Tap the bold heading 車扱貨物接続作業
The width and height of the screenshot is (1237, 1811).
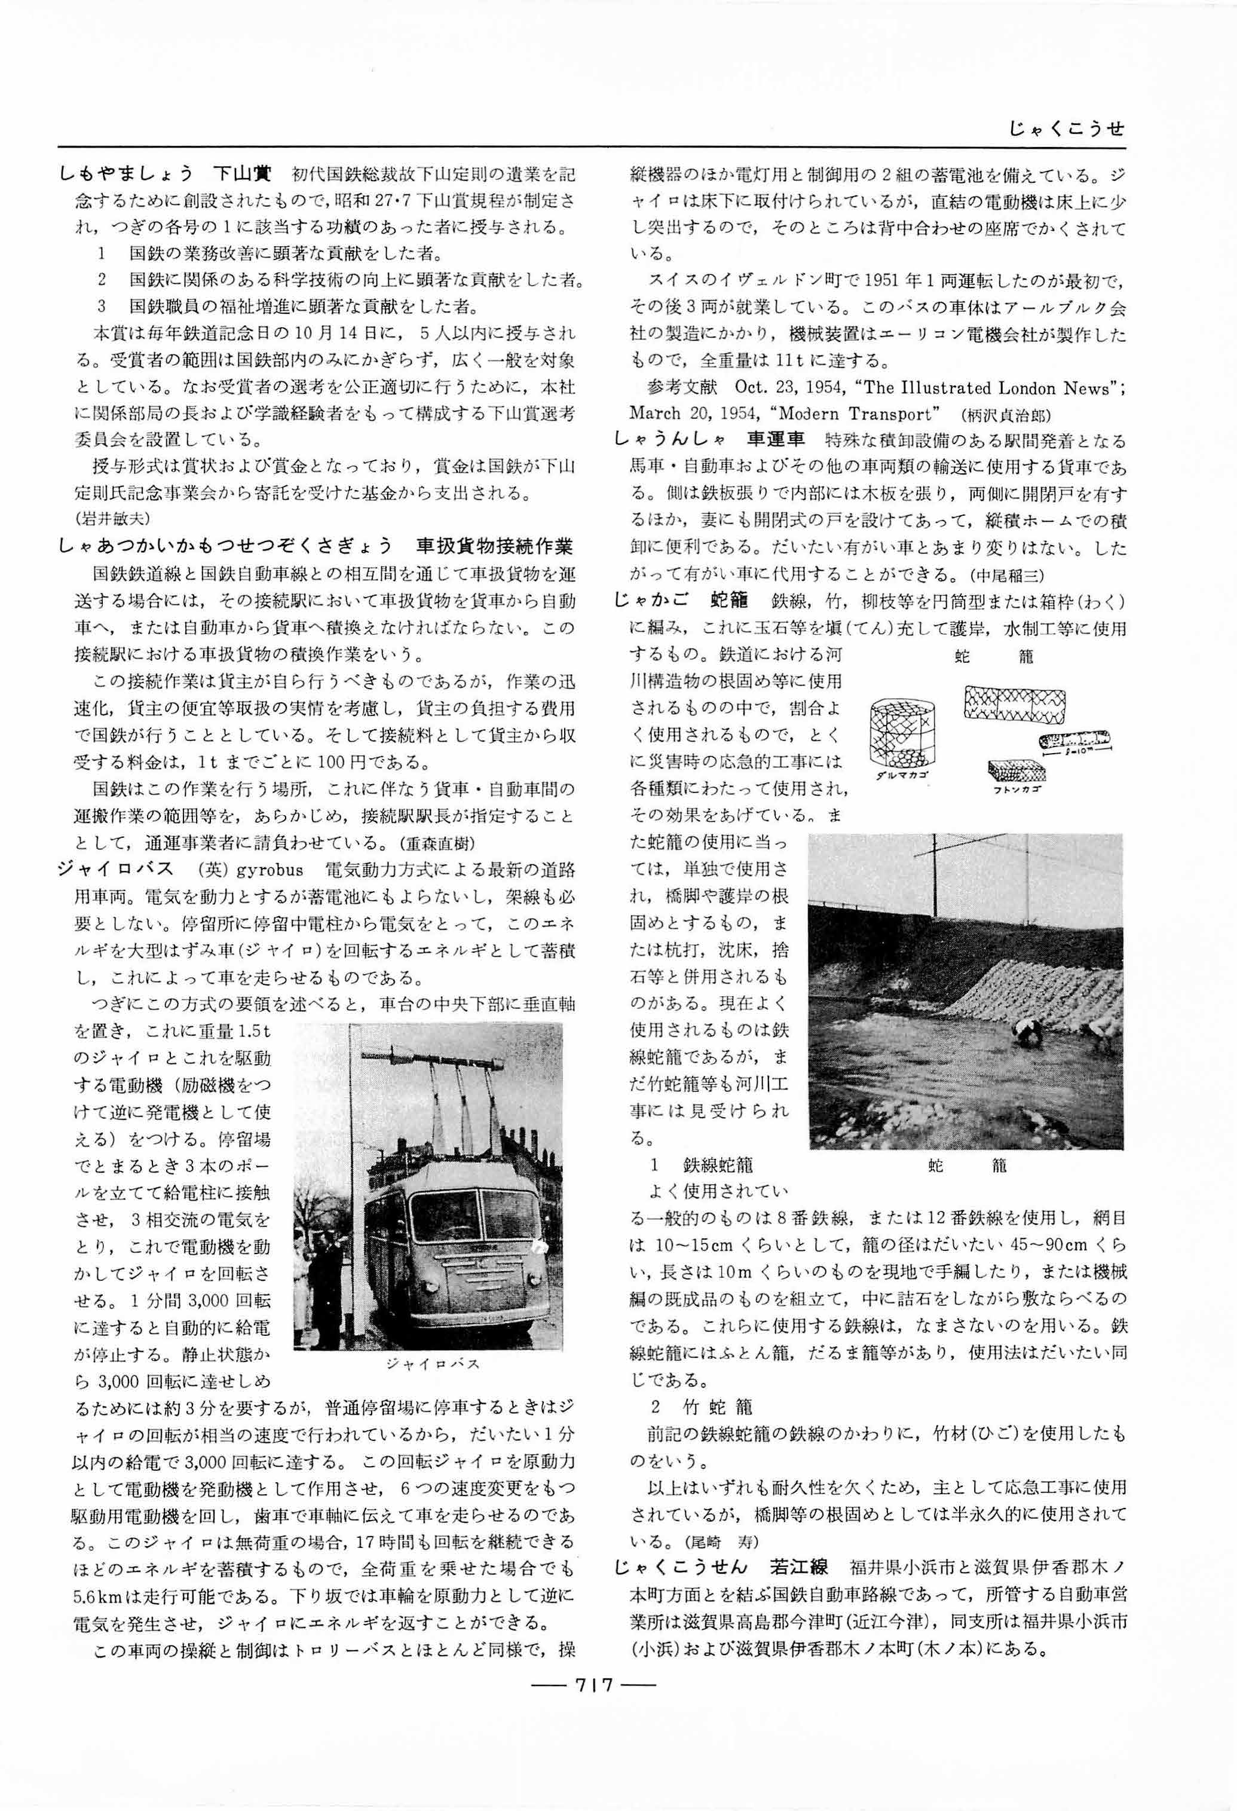click(x=496, y=546)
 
